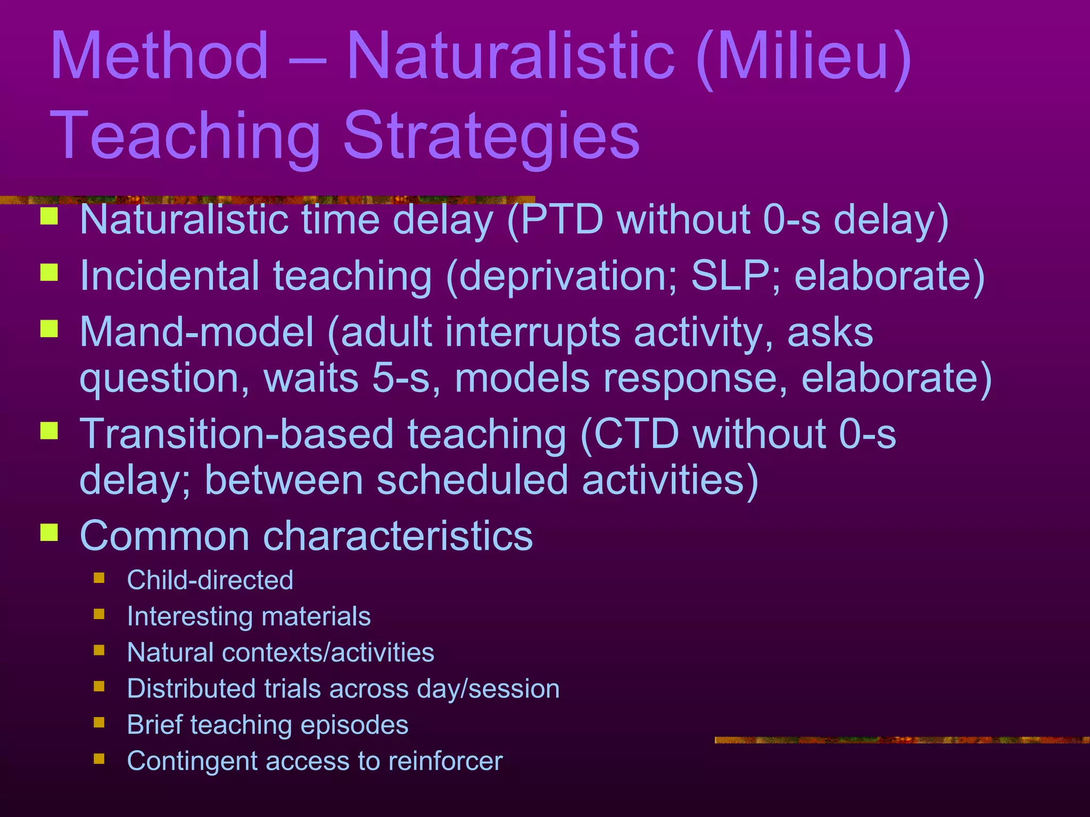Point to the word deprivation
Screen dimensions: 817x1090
(x=566, y=277)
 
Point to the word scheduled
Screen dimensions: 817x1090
(x=473, y=480)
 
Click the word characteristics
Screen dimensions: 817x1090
(x=397, y=536)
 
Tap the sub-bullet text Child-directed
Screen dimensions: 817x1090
(x=210, y=580)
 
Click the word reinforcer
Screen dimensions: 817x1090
(x=445, y=761)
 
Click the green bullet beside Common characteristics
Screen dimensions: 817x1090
(x=49, y=532)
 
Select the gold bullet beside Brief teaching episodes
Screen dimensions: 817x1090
(x=99, y=722)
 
